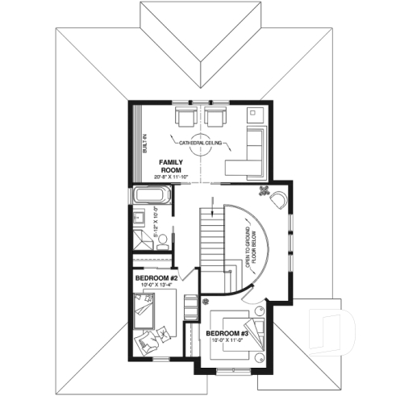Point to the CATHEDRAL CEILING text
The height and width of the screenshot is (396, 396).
click(x=202, y=143)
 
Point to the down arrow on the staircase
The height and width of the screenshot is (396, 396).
click(x=213, y=211)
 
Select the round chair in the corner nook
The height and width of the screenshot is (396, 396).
click(x=280, y=198)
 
